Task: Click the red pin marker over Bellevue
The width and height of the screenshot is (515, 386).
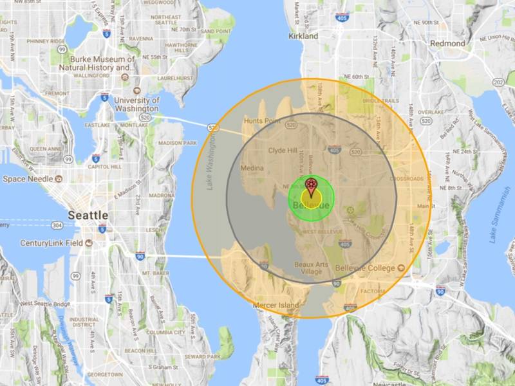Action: coord(312,187)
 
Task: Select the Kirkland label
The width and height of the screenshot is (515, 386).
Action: coord(303,37)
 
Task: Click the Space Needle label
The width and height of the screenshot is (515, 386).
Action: coord(27,178)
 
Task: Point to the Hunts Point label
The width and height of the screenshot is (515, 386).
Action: coord(260,120)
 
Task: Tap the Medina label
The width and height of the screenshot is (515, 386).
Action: coord(252,169)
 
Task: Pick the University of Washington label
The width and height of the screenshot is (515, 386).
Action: coord(136,104)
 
